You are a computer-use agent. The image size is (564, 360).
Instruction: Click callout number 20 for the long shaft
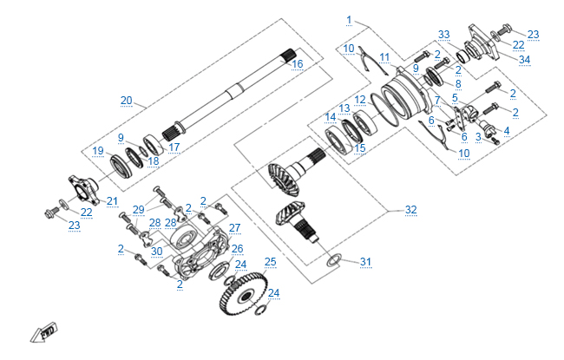pos(127,101)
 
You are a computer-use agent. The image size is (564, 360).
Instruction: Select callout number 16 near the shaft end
pos(297,63)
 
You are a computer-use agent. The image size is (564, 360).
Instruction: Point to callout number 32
pos(410,210)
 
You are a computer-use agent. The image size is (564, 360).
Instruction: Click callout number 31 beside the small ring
pos(365,262)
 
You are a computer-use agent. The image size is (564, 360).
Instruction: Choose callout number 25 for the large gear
pos(270,261)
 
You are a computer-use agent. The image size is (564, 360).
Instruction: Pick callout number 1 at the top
pos(349,19)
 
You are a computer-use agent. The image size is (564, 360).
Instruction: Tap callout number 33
pos(444,35)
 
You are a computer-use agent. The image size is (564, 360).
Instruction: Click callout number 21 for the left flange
pos(112,201)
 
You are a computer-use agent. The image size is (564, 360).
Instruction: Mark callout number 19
pos(99,151)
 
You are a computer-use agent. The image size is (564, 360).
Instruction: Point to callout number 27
pos(234,227)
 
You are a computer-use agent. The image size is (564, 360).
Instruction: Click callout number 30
pos(156,252)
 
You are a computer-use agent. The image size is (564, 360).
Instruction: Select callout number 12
pos(359,100)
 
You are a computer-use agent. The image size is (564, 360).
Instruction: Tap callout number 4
pos(507,130)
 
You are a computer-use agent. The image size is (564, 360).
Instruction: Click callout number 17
pos(174,147)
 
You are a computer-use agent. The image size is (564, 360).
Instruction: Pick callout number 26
pos(237,248)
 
